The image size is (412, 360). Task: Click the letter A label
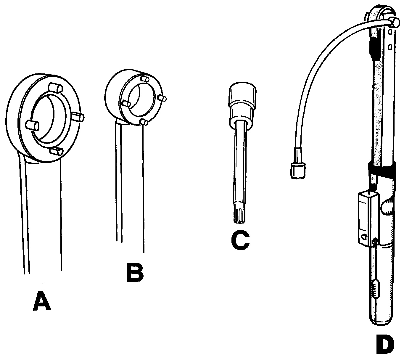pyautogui.click(x=42, y=301)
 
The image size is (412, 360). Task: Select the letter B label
pyautogui.click(x=135, y=272)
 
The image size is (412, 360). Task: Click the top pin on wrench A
pyautogui.click(x=55, y=88)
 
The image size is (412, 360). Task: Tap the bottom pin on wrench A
pyautogui.click(x=56, y=151)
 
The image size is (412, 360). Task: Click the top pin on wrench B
pyautogui.click(x=145, y=78)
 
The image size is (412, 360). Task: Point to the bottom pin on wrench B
pyautogui.click(x=144, y=122)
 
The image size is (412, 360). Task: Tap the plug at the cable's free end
pyautogui.click(x=297, y=171)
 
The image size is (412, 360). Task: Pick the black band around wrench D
pyautogui.click(x=382, y=169)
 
